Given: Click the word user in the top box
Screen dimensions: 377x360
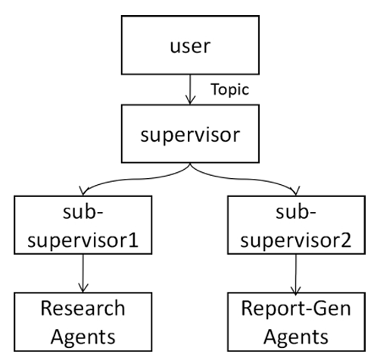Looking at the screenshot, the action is [190, 46].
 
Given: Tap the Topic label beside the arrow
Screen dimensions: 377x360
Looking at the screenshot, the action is [230, 89].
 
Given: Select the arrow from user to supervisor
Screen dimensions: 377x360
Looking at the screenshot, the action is [190, 89].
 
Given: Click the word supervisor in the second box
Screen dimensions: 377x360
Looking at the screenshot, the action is [190, 135].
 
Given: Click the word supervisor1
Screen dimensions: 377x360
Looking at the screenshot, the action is [83, 240].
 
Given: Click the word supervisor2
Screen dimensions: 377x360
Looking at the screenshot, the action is [296, 240].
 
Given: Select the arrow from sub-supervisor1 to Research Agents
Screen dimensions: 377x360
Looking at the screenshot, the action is [83, 274].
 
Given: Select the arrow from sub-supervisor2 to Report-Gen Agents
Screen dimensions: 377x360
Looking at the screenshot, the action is [296, 274].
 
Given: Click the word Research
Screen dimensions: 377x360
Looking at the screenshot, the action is [83, 308].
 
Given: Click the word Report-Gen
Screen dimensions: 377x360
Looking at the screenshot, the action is [296, 308].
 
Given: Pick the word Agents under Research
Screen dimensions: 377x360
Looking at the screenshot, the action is [83, 337].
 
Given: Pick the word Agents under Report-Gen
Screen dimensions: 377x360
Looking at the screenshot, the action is [296, 337].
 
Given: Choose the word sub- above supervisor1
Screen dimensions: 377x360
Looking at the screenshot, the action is [83, 212].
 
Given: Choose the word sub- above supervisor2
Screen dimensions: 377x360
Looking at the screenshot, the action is [296, 212].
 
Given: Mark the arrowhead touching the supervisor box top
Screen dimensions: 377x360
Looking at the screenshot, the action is [190, 100].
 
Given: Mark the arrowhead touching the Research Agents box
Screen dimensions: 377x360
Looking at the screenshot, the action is [83, 288].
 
